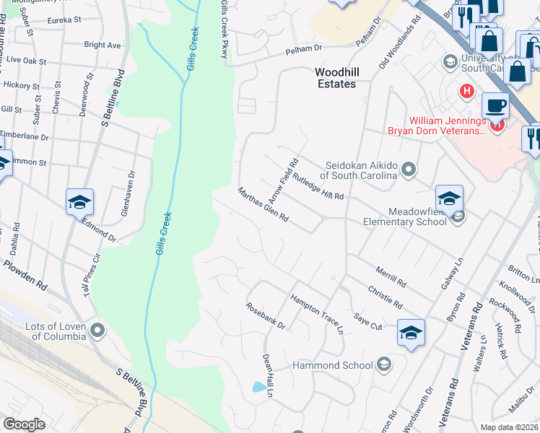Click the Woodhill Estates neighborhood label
tap(336, 78)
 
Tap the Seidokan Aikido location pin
tap(409, 170)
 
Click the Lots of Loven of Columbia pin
tap(98, 331)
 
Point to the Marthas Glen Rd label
tap(264, 205)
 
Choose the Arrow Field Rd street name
tap(283, 180)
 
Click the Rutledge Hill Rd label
tap(318, 185)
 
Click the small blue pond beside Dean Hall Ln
tap(258, 387)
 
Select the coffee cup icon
tap(495, 105)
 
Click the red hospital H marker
tap(467, 91)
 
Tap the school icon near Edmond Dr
tap(79, 202)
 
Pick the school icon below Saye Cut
tap(411, 333)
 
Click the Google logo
tap(24, 424)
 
